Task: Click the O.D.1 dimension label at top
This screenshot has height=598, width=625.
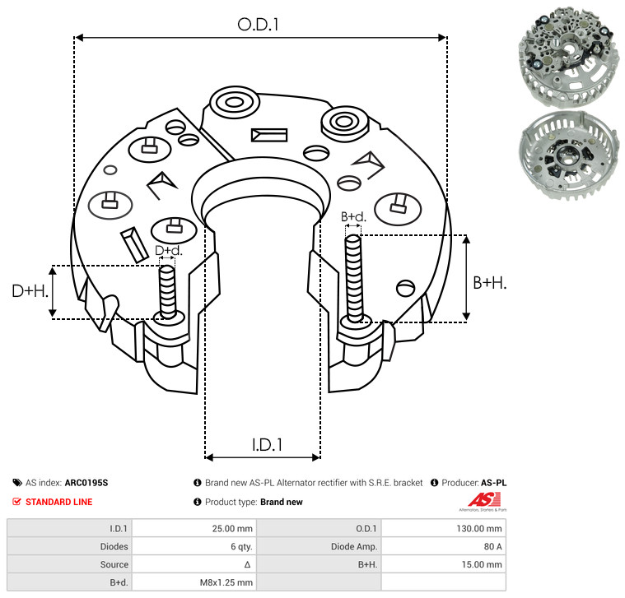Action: [258, 25]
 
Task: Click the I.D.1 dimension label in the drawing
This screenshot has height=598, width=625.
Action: [267, 445]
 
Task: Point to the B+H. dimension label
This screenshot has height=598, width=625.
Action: [489, 283]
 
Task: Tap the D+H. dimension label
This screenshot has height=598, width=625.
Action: [30, 291]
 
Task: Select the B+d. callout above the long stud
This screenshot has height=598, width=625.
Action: [353, 217]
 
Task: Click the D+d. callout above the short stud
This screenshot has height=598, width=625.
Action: [168, 250]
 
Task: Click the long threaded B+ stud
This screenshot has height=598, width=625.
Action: [353, 279]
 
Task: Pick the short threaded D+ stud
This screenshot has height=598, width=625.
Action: [167, 292]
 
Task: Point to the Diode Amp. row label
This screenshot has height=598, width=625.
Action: [354, 547]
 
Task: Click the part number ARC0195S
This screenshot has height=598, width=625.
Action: [86, 483]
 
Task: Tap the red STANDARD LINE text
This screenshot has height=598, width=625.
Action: [59, 502]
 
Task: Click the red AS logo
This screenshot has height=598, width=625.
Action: [483, 502]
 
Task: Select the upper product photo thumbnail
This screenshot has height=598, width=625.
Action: [569, 57]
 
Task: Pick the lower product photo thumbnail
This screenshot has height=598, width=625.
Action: [570, 156]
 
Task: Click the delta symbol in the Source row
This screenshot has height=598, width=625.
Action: [247, 564]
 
